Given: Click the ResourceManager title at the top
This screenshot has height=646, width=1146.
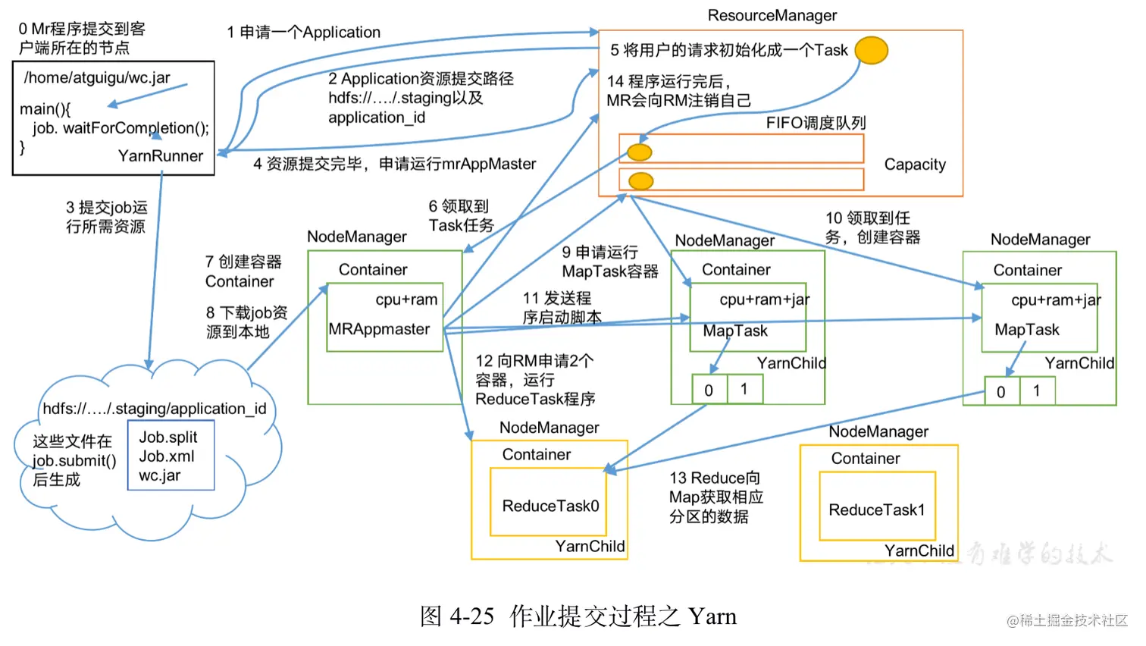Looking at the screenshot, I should pos(772,15).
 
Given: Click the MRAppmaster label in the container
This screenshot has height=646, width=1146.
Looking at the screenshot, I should pos(379,329).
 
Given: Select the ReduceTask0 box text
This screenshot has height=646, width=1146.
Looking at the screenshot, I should pos(550,506).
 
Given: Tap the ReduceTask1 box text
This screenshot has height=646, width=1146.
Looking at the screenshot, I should pos(877,510).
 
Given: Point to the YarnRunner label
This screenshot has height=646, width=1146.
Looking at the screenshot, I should pos(161,156).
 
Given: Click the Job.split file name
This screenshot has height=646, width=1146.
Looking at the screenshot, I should pos(168,437).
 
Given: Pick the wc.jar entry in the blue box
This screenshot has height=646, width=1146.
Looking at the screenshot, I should pos(159,475).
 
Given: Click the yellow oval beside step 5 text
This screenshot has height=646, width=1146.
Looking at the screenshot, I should pos(871,50).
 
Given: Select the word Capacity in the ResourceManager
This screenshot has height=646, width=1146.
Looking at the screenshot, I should pos(915,165).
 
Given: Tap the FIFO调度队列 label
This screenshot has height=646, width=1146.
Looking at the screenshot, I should pos(816,123).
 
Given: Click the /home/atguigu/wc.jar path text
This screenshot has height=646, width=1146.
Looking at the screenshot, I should pos(97,77).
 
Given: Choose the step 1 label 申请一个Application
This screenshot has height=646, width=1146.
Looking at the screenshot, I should pos(304,32).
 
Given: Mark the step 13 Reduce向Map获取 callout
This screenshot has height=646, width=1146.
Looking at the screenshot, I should pos(715,497).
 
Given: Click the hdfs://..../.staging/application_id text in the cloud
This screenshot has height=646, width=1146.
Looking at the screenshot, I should pos(155,409).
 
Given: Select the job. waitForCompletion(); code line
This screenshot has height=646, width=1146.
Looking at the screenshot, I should pos(121,128).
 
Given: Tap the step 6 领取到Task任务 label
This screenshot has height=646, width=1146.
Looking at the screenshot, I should pos(461,216).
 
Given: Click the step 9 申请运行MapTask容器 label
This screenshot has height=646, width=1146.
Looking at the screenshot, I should pos(609,262).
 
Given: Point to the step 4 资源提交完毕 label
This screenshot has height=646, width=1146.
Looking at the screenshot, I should pos(394,164).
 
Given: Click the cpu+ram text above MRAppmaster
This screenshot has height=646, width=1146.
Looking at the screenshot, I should pos(406,299).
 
